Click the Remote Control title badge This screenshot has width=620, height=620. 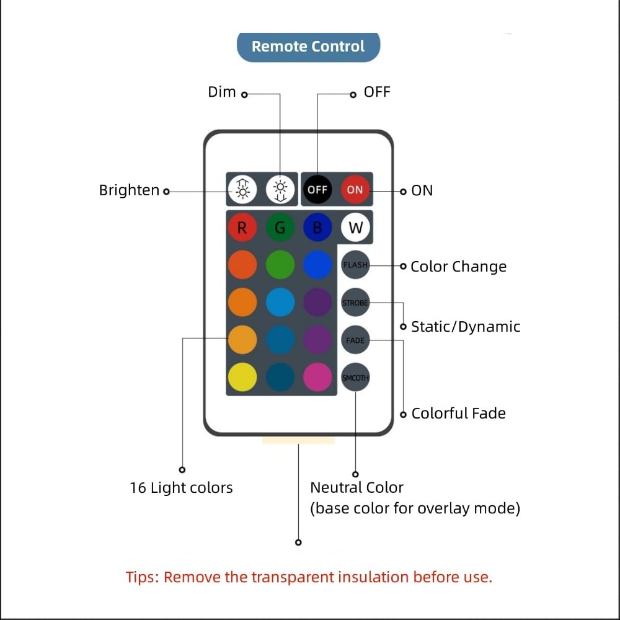[x=308, y=46]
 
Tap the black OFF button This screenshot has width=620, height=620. [x=317, y=189]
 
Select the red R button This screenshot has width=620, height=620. [x=242, y=228]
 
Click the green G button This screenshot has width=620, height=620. [x=280, y=228]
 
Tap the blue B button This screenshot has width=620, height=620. [x=317, y=228]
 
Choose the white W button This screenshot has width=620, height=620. [x=355, y=228]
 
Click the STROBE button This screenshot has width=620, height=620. [x=355, y=303]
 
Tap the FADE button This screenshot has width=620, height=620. [x=355, y=340]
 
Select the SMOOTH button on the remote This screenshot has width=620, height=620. [x=355, y=378]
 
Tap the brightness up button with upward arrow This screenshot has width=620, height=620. [x=242, y=189]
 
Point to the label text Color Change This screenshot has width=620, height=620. [x=458, y=267]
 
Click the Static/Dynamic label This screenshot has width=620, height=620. [x=466, y=327]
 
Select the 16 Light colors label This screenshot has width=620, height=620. [x=181, y=488]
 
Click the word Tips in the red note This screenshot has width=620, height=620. [x=142, y=577]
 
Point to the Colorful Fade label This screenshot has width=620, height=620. [x=458, y=414]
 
